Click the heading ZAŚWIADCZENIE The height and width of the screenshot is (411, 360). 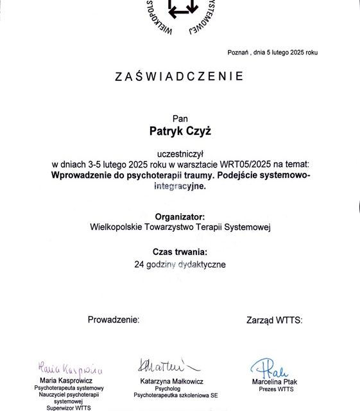click(x=179, y=76)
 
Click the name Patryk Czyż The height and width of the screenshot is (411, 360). click(x=179, y=132)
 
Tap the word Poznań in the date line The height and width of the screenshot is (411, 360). click(x=239, y=52)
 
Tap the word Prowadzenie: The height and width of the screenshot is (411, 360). click(x=113, y=319)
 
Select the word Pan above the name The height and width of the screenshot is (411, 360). click(x=179, y=118)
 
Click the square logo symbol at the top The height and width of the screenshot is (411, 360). click(x=184, y=8)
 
